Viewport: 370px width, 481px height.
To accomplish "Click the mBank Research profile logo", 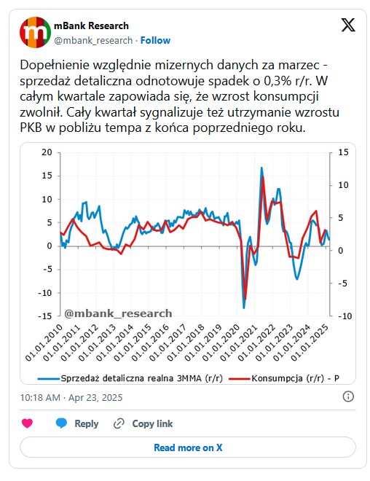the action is click(x=35, y=33).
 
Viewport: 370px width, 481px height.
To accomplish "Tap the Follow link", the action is click(x=155, y=41).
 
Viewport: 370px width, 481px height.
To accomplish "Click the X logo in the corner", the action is click(x=348, y=25).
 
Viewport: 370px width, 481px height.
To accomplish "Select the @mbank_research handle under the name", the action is click(x=93, y=41).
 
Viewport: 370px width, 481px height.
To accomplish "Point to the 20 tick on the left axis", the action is click(x=47, y=152).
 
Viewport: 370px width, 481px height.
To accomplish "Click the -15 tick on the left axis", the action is click(x=44, y=316).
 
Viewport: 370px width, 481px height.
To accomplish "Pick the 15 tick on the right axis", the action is click(x=343, y=152).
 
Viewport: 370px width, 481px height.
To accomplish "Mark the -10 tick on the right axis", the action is click(x=345, y=316).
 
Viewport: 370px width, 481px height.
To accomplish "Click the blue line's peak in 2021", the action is click(x=261, y=168).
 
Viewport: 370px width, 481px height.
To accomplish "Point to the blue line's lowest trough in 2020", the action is click(x=244, y=308).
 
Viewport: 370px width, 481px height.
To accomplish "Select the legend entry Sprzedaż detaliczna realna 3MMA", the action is click(x=130, y=378).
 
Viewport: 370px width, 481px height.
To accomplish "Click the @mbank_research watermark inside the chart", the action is click(x=118, y=313).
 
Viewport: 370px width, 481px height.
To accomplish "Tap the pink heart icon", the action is click(x=27, y=423).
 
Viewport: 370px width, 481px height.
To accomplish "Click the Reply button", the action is click(x=77, y=423).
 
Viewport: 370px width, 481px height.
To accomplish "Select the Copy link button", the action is click(x=143, y=423).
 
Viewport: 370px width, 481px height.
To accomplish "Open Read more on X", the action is click(x=188, y=447).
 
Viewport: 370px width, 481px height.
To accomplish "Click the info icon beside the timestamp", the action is click(x=348, y=396).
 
